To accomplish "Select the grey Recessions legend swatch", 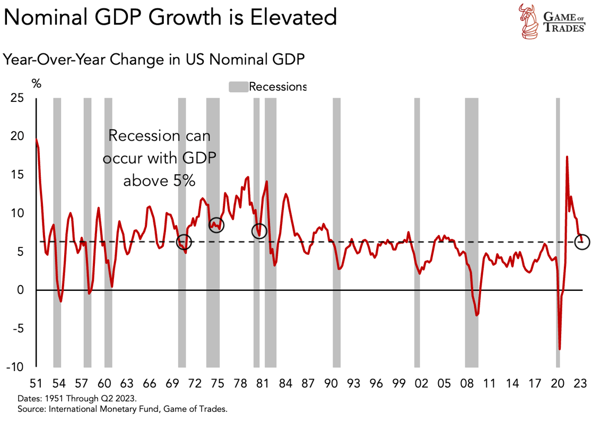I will (x=238, y=87).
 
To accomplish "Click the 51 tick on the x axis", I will (x=36, y=383).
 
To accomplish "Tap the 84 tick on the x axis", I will (x=285, y=383).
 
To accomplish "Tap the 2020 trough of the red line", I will (x=559, y=349).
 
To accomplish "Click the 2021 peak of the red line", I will (x=567, y=157).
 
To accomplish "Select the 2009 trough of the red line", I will (x=477, y=315).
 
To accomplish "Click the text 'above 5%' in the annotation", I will (x=159, y=181).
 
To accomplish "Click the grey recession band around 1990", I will (x=336, y=232).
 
